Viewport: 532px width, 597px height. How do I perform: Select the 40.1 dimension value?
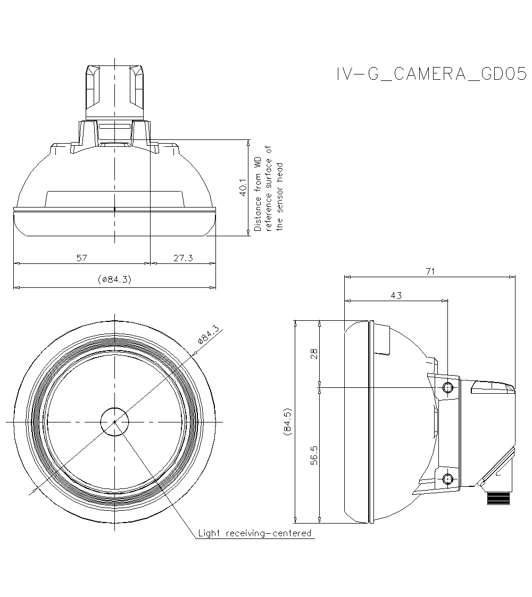click(243, 188)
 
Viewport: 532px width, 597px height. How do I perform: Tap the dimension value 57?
click(81, 258)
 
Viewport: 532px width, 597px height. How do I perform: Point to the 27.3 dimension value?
click(183, 258)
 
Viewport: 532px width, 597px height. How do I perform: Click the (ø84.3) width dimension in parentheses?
click(114, 279)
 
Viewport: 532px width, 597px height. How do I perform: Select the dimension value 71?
click(430, 271)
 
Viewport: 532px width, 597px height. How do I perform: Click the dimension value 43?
click(396, 295)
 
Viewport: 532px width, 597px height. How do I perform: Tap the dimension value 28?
click(314, 354)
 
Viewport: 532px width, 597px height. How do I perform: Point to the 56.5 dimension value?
click(314, 455)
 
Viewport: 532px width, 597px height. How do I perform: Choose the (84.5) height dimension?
click(287, 424)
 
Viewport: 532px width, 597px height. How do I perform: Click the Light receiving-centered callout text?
click(254, 533)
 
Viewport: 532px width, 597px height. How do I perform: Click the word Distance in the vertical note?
click(257, 214)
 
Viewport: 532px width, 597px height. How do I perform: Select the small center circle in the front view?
click(114, 421)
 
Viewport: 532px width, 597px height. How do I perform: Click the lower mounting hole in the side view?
click(448, 478)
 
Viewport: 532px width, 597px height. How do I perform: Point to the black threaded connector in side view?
click(498, 499)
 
